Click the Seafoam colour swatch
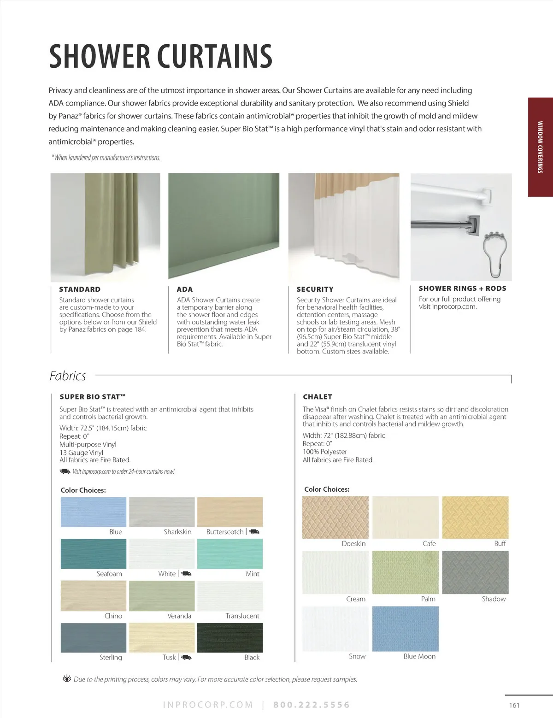coord(93,553)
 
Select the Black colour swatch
coord(229,637)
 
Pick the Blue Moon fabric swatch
coord(405,629)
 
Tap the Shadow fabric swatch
coord(475,572)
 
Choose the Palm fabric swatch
coord(405,572)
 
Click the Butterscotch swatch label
coord(225,532)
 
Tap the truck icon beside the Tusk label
coord(186,658)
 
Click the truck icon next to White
coord(186,574)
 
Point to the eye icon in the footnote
coord(67,679)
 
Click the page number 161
coord(514,705)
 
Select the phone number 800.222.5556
coord(312,705)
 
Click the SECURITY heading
coord(315,289)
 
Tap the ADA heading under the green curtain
coord(185,289)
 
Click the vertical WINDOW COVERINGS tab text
coord(540,147)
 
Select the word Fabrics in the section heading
coord(68,376)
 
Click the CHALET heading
coord(318,397)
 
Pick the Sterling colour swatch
coord(93,637)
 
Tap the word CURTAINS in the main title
coord(215,57)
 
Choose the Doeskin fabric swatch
coord(335,517)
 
